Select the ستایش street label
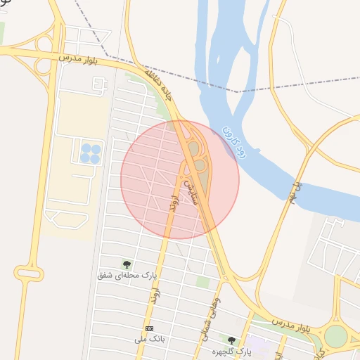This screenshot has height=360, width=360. click(x=188, y=191)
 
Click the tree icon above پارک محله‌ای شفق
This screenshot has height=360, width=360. click(x=127, y=264)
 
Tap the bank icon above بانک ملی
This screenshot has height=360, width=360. click(x=149, y=328)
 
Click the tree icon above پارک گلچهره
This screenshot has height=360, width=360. click(x=231, y=340)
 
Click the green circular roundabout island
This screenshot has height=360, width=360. click(x=336, y=336)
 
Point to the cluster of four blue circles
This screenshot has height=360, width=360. click(x=89, y=153)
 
